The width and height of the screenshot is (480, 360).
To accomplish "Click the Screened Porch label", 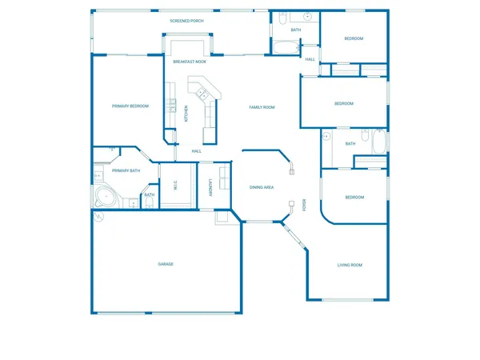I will coord(186,22).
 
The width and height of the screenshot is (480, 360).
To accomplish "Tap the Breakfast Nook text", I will coord(190,61).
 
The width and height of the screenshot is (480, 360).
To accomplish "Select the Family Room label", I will coord(262,107).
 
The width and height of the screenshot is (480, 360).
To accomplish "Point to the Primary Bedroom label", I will coord(130,106).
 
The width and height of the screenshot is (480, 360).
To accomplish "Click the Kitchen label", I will coord(186,114).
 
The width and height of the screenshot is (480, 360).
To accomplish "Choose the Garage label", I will coord(166,264).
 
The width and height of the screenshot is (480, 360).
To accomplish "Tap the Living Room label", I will coord(350,265).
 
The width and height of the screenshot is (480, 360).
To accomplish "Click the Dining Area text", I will coord(262,187).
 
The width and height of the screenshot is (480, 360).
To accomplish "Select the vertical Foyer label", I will coord(304,205).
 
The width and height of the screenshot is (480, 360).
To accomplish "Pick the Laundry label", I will coord(210,187).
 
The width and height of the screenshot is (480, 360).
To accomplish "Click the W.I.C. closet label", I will coord(175,186).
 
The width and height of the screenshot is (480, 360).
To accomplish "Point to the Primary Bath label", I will coord(126,170).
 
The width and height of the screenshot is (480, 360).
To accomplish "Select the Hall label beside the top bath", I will coord(310,59).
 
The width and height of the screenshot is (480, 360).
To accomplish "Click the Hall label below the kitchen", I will coord(196,150).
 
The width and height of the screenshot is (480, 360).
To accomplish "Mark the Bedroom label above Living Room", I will coord(354,197).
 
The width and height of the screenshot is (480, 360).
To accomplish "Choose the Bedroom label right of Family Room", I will coord(343,103).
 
